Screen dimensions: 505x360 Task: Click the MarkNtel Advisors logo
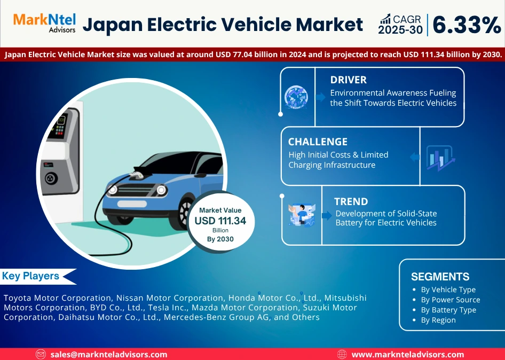tap(44, 23)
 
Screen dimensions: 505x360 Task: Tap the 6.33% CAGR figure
tap(467, 25)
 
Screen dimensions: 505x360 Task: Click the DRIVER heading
tap(348, 80)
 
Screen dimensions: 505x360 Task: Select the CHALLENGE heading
tap(318, 142)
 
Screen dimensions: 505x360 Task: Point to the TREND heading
tap(351, 201)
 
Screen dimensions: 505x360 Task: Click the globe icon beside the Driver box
tap(296, 97)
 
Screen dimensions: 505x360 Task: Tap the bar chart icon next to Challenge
tap(440, 158)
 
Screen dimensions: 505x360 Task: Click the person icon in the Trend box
tap(302, 215)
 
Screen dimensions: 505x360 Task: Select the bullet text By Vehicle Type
tap(448, 289)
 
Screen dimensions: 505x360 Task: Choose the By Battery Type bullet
tap(448, 310)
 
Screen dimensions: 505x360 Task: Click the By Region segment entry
tap(438, 320)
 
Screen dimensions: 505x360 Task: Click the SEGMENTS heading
tap(440, 277)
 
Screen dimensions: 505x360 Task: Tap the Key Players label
tap(30, 276)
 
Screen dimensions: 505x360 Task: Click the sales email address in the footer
tap(109, 355)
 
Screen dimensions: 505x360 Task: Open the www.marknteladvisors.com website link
tap(407, 355)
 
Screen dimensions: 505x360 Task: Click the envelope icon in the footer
tap(41, 355)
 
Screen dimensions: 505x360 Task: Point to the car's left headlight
tap(112, 190)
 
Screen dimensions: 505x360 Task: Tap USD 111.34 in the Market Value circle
tap(220, 221)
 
